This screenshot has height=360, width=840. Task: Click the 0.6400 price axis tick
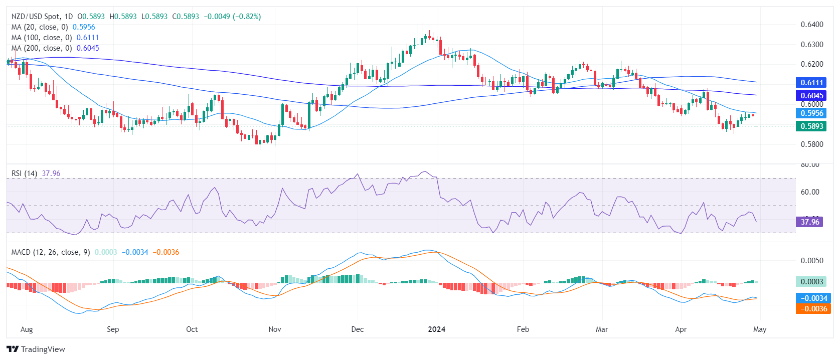811,25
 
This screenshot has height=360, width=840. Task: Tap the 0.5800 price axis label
811,144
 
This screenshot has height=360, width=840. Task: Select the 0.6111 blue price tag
811,83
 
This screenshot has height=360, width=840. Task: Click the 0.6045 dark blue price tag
811,96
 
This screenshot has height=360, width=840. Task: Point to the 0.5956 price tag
811,113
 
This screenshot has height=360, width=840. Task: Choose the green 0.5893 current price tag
811,126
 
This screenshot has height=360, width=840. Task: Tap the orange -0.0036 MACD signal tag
812,309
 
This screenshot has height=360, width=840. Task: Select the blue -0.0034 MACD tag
812,298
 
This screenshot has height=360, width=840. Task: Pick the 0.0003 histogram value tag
811,282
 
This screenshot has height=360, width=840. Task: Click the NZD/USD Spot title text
35,17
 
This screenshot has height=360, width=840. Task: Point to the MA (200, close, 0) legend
42,48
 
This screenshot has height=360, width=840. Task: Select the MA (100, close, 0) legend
42,38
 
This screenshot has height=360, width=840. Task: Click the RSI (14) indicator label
24,173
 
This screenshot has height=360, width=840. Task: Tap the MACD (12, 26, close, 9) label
51,252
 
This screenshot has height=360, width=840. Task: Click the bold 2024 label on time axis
436,329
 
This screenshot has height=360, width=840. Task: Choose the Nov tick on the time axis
275,329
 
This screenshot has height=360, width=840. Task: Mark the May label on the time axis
760,329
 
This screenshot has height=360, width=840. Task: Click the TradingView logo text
43,349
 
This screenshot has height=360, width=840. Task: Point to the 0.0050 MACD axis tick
811,261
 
